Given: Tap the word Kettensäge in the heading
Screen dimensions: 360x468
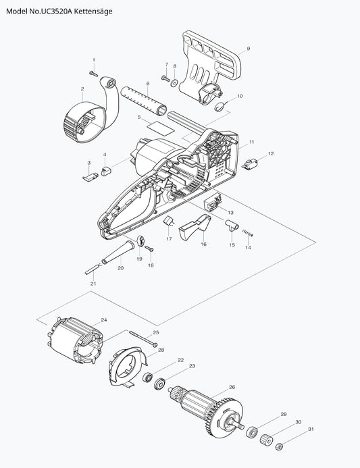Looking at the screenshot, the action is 93,11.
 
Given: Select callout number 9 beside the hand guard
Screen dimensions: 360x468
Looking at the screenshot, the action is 249,49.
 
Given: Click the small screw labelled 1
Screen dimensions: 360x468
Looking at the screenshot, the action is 93,74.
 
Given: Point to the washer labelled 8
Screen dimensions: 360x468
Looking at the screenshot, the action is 174,82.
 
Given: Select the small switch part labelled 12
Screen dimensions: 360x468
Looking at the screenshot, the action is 249,164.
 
